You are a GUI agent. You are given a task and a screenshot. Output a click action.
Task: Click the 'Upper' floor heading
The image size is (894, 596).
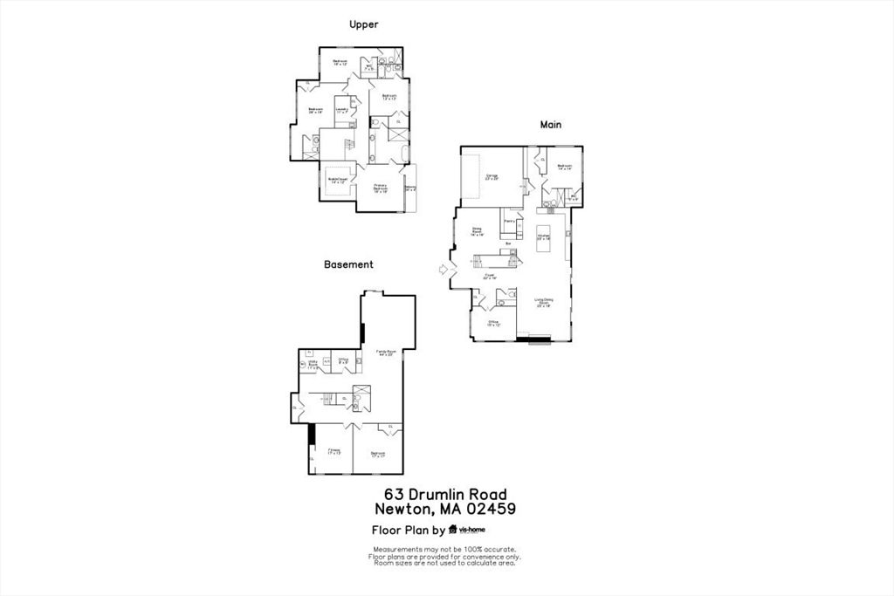coord(363,24)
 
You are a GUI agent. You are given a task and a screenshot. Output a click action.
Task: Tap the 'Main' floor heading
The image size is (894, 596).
coord(550,125)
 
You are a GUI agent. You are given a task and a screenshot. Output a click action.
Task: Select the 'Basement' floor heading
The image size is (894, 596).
coord(348,264)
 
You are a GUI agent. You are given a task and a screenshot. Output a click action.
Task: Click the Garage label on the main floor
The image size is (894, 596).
coord(492,177)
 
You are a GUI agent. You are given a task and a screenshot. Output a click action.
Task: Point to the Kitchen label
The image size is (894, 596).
coord(543,236)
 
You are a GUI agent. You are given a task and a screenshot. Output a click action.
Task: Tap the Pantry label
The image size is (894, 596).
coord(508,223)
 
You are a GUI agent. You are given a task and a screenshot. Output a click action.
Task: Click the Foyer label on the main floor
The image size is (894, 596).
coord(490,277)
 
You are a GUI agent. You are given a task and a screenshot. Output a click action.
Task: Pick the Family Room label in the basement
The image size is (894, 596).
coord(386,353)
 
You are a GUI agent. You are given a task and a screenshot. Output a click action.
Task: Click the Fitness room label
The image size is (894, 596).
coord(334,452)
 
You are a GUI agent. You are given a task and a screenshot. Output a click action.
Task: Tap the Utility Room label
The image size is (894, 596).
coord(312,365)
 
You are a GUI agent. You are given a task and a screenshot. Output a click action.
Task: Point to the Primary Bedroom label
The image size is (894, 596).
coord(381,188)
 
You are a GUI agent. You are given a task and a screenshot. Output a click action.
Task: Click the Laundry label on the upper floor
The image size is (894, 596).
coord(342,110)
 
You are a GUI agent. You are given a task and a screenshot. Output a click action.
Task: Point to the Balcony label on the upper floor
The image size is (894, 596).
coord(410,188)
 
